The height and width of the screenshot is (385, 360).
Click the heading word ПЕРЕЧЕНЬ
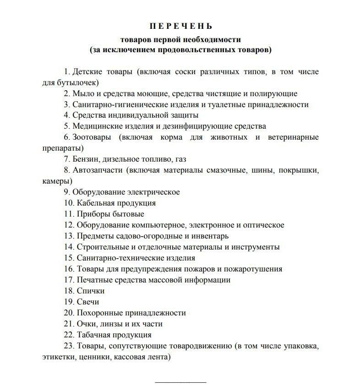pos(181,26)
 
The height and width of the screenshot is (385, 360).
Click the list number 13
pos(69,236)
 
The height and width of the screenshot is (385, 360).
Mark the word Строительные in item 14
pos(99,247)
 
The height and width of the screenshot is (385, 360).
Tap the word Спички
pos(91,291)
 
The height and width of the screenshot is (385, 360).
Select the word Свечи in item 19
pos(88,302)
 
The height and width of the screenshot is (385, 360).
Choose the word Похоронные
pos(99,313)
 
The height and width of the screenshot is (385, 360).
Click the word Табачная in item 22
pos(94,335)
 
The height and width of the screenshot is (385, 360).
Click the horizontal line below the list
pos(181,381)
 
